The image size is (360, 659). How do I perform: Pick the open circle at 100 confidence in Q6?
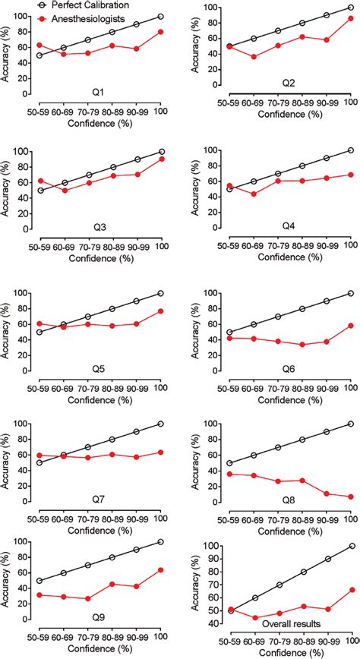click(x=350, y=293)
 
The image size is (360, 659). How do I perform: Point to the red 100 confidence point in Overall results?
click(x=350, y=589)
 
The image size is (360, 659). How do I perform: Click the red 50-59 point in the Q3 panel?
click(x=40, y=181)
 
